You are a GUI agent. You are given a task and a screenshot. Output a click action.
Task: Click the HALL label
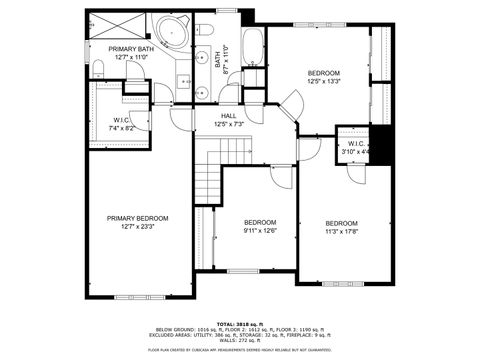(228, 115)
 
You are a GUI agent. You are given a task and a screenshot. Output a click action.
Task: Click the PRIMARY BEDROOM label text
(138, 218)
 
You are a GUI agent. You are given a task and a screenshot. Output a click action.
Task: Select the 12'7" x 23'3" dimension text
(138, 227)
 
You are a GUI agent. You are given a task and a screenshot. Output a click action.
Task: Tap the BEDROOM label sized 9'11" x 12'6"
(260, 222)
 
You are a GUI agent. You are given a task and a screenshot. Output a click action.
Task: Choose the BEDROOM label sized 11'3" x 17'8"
(341, 223)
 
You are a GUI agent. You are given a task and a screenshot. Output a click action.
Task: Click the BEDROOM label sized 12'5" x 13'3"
(324, 73)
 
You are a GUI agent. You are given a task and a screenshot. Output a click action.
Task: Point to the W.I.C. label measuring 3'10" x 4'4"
(357, 144)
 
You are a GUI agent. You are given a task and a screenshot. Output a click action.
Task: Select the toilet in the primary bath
(98, 67)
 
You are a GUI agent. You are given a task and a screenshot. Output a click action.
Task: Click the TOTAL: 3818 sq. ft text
(239, 325)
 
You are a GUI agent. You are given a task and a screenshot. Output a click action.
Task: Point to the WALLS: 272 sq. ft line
(239, 340)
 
